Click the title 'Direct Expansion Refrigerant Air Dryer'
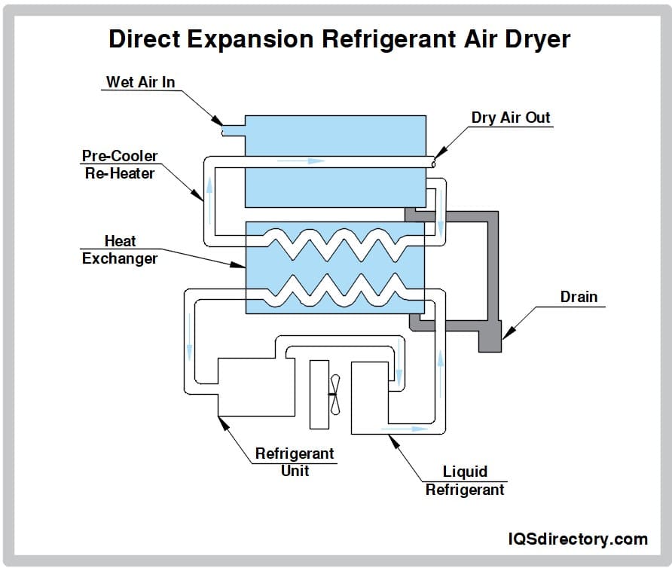[x=335, y=39]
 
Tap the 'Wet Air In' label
[x=140, y=81]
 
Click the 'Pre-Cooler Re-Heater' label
[x=119, y=164]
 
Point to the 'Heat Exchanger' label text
[x=119, y=249]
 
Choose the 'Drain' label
[x=578, y=297]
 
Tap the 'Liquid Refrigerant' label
[x=464, y=480]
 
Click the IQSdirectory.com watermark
[x=577, y=539]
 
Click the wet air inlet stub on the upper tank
[x=232, y=131]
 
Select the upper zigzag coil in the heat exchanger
[x=335, y=243]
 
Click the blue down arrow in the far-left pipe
[x=189, y=350]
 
